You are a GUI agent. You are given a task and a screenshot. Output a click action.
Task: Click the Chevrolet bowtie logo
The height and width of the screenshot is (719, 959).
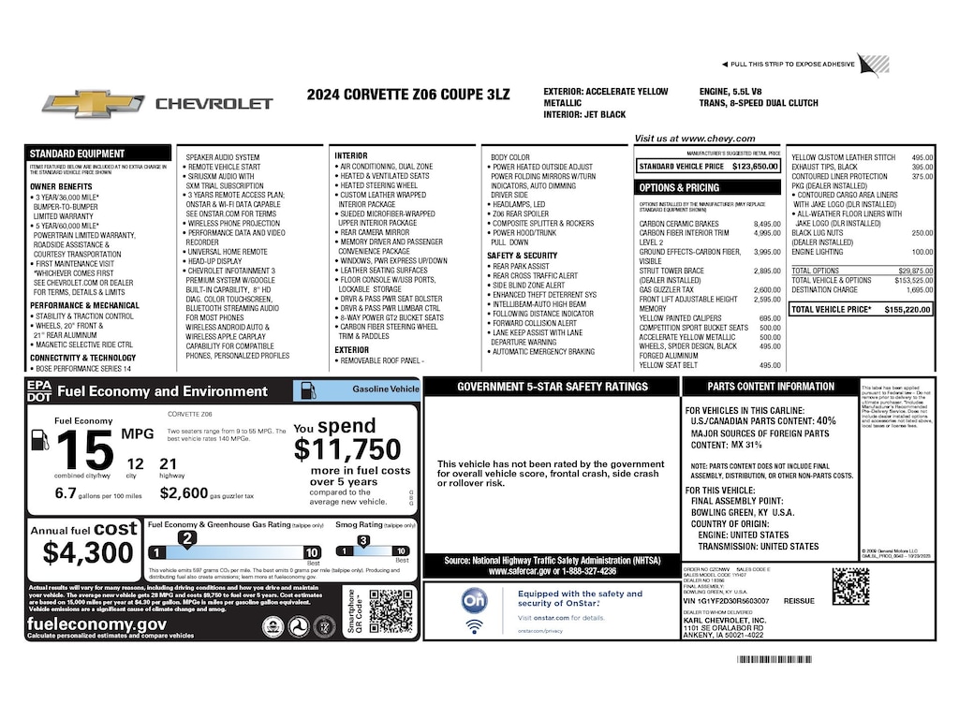[93, 103]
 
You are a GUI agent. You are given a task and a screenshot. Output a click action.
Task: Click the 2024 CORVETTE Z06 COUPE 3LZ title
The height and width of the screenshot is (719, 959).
[410, 94]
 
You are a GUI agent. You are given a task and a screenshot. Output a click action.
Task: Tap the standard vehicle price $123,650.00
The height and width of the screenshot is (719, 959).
[755, 166]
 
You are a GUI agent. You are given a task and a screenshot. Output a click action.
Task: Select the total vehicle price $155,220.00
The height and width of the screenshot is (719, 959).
[908, 308]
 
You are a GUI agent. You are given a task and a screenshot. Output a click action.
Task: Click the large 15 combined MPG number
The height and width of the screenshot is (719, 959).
[84, 452]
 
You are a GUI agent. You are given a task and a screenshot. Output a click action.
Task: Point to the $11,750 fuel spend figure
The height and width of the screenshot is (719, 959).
[347, 450]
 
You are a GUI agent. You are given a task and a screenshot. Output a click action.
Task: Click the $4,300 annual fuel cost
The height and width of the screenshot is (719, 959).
[88, 552]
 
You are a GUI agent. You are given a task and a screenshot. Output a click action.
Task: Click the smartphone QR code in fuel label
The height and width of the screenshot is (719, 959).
[391, 611]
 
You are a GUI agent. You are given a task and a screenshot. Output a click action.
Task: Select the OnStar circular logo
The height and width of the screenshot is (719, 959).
[475, 600]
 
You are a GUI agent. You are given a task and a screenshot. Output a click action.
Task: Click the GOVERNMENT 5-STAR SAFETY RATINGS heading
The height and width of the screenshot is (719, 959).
[552, 386]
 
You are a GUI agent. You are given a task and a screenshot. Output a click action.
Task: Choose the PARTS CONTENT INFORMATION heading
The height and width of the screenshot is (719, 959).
[770, 386]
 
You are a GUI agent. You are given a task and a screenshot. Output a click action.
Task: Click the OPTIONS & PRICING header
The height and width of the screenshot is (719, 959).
[679, 187]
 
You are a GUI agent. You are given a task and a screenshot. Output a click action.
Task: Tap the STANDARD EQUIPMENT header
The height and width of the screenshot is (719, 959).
[77, 154]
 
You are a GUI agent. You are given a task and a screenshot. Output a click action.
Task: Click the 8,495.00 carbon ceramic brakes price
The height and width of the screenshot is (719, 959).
[767, 224]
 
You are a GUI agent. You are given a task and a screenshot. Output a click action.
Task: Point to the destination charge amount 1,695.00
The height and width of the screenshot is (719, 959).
[920, 290]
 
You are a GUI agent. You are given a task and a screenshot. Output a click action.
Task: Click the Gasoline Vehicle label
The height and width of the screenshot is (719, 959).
[385, 389]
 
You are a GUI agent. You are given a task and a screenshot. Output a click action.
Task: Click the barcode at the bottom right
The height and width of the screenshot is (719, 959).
[800, 660]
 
